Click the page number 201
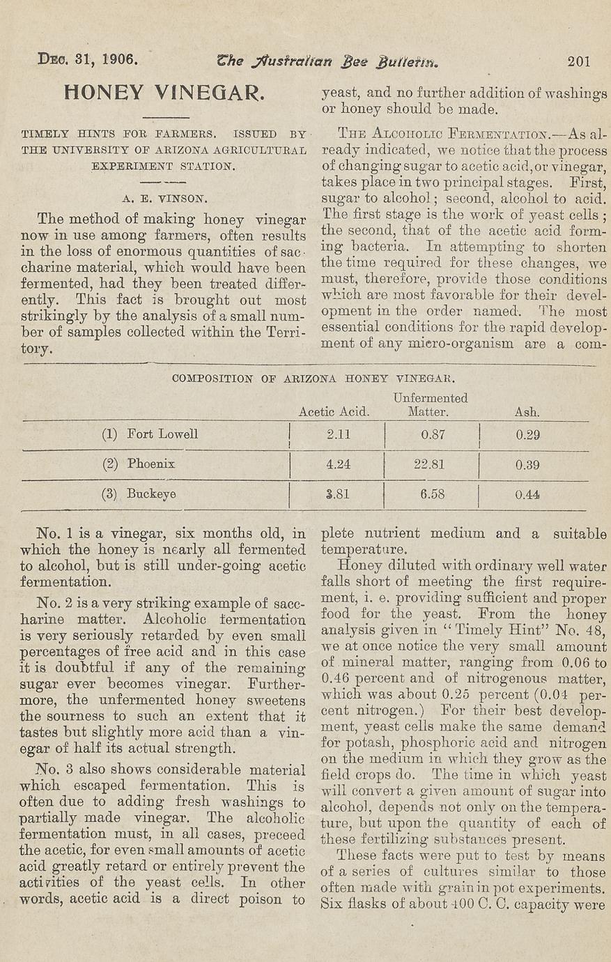click(579, 61)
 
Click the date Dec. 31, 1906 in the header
click(87, 59)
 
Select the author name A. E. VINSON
click(164, 198)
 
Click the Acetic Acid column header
click(334, 412)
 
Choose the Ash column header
click(527, 412)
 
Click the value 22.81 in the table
click(429, 464)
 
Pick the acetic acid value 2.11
click(339, 434)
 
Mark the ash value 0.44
click(527, 495)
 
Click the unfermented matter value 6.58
click(432, 494)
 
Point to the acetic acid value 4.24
click(339, 464)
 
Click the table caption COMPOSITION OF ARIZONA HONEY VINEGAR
click(313, 379)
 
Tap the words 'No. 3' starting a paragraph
click(54, 770)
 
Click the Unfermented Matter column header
click(429, 405)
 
